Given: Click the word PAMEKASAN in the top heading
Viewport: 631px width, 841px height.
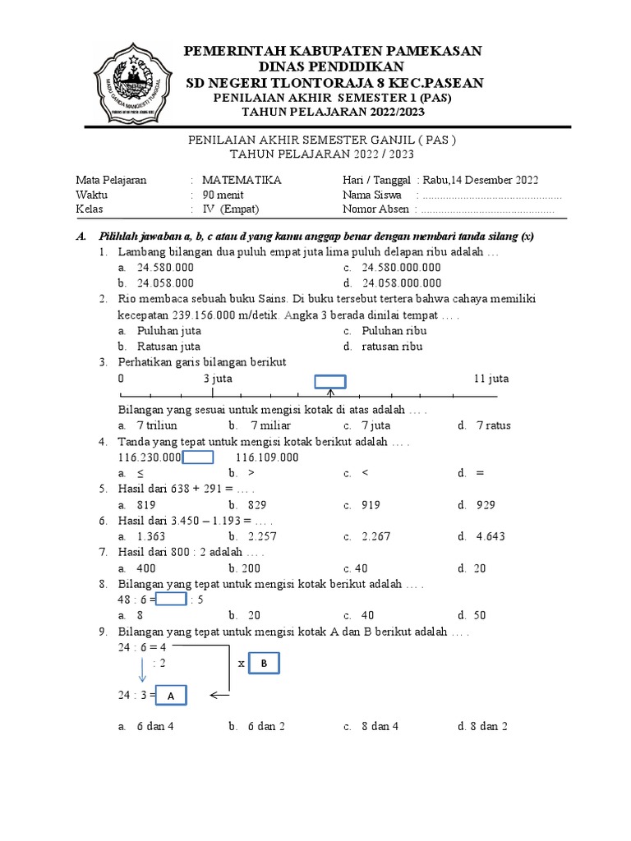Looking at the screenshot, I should [x=428, y=51].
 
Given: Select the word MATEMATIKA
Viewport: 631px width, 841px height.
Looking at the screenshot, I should [x=242, y=181].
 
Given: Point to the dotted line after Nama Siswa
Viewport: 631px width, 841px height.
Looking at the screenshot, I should [x=491, y=196].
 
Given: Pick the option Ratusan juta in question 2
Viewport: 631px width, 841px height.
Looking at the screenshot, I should [x=168, y=347].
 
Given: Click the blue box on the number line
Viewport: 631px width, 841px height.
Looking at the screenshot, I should [x=331, y=381].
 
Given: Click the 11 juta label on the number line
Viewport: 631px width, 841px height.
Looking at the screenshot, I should [x=491, y=379].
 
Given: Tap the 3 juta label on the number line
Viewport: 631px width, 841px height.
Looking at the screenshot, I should [x=218, y=379].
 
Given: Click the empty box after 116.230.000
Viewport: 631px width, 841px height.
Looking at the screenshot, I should [x=198, y=457].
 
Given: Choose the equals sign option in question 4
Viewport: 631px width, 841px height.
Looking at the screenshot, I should [x=480, y=473].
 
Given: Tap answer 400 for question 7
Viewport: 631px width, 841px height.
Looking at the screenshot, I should [x=147, y=568].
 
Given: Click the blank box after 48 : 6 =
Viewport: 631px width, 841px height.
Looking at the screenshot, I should [x=172, y=600].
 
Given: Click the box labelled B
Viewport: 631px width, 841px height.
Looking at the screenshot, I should [x=264, y=663].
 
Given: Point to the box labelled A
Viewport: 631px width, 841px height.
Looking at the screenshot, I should [x=170, y=696].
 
